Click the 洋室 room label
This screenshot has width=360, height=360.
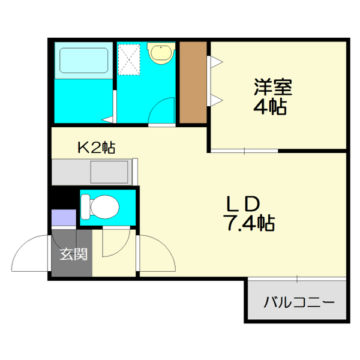tap(272, 88)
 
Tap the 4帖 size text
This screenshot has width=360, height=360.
tap(272, 108)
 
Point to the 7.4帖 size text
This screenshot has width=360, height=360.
tap(250, 223)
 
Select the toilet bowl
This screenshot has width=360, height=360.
tap(101, 207)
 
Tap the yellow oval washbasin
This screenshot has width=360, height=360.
tap(161, 53)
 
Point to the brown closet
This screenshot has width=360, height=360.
tap(193, 83)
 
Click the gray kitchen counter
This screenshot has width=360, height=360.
tap(93, 172)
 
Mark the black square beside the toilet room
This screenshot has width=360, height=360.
tap(63, 196)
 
